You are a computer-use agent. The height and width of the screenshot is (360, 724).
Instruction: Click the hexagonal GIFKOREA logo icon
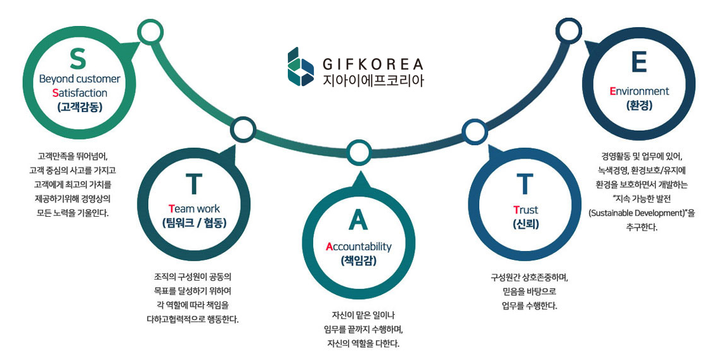click(301, 66)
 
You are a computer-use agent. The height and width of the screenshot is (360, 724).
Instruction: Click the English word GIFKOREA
click(372, 64)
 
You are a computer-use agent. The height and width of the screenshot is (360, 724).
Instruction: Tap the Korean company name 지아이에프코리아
click(372, 80)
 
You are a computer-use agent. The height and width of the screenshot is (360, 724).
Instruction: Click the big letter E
click(638, 63)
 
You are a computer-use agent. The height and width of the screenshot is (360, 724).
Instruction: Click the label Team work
click(195, 208)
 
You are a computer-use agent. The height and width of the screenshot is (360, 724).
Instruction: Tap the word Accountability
click(359, 247)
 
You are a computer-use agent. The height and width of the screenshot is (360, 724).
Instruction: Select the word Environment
click(639, 91)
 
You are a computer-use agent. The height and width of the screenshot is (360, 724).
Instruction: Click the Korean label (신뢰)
click(526, 224)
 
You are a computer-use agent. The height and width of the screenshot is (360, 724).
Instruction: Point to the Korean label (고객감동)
click(79, 106)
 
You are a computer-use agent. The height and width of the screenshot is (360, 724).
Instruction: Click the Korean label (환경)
click(638, 105)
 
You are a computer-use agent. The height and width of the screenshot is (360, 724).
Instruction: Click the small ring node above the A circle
click(359, 152)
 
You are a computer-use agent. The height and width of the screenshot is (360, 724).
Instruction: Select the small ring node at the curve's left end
click(150, 31)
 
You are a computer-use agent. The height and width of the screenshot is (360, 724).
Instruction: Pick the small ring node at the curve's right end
click(569, 30)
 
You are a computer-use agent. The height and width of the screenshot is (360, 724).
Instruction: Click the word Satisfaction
click(79, 93)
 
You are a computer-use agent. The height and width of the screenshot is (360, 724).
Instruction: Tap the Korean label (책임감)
click(359, 260)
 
